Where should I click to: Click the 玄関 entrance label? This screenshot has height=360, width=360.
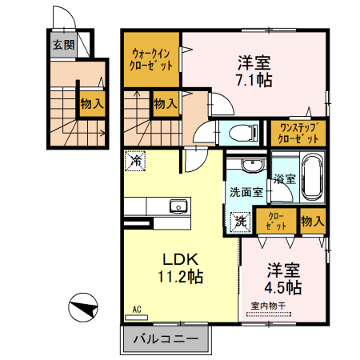click(64, 45)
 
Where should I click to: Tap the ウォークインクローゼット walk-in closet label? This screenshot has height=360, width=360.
click(151, 61)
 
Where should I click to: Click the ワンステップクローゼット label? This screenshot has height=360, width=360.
click(297, 133)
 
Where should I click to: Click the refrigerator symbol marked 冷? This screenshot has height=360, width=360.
click(135, 161)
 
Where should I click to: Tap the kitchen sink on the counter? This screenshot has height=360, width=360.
click(177, 207)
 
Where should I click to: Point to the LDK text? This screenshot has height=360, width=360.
click(180, 260)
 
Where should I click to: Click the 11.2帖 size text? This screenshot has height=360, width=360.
click(180, 278)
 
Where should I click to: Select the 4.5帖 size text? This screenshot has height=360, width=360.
click(283, 286)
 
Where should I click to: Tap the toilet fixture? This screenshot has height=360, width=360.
click(241, 134)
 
